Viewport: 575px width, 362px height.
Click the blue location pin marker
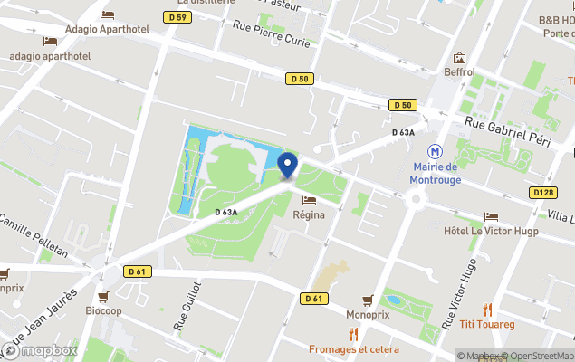pos(288,165)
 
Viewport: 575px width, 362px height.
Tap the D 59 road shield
pos(178,17)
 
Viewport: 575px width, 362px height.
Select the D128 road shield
pos(543,193)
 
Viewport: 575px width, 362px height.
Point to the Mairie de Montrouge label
pos(436,173)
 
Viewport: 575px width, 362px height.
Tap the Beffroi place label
pos(459,71)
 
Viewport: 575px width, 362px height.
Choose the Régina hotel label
pos(309,214)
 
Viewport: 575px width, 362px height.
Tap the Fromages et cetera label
pos(353,348)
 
